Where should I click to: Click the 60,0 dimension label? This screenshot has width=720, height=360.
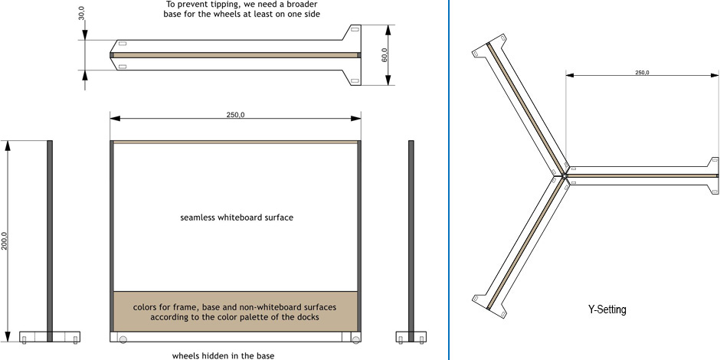385,55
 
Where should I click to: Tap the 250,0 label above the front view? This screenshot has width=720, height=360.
235,115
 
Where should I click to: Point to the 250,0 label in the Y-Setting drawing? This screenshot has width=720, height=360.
641,73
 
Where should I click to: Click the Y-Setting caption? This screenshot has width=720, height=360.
607,309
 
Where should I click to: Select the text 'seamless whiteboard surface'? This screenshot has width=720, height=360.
237,218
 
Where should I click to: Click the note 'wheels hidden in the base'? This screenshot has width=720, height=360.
223,355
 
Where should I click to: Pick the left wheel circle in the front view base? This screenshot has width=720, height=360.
123,339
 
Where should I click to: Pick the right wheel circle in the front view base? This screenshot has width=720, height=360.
356,339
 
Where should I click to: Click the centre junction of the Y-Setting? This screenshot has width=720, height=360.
564,175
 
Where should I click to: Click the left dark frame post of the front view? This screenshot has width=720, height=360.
112,236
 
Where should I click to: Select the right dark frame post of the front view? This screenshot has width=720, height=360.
359,236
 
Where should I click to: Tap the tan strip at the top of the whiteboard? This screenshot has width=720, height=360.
235,142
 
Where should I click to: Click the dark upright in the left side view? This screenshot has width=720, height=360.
50,241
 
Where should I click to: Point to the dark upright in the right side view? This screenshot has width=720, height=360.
411,241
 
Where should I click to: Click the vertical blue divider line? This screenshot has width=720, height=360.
449,180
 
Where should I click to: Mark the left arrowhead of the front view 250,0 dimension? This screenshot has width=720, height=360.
115,119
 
